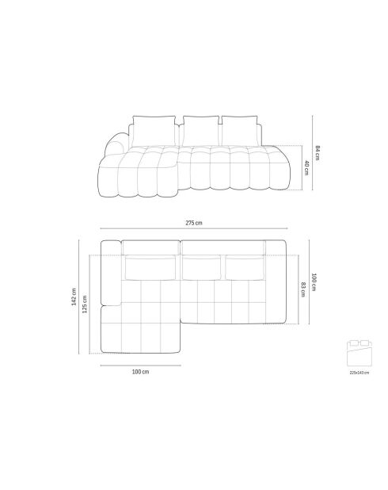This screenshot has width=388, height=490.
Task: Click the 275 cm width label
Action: [x=192, y=224]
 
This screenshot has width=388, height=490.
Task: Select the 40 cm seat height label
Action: [x=306, y=167]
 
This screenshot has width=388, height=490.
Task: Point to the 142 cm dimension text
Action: [x=75, y=296]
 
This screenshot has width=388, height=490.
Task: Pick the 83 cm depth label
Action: [x=303, y=289]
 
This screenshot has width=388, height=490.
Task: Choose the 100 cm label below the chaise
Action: [x=140, y=370]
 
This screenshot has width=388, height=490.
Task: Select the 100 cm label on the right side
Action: [x=314, y=281]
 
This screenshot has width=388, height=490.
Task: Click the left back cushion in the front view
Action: [x=153, y=130]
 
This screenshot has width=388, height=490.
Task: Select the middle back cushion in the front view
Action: [x=200, y=129]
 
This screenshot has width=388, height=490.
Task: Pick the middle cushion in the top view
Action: [x=201, y=268]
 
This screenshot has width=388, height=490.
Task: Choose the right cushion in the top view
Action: [x=244, y=268]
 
